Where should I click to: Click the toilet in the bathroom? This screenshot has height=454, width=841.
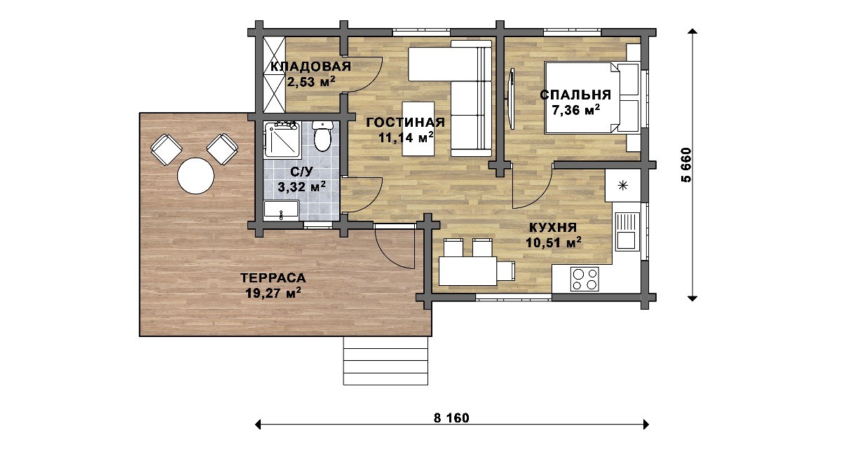(x=322, y=136)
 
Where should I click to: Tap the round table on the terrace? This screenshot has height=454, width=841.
(x=196, y=176)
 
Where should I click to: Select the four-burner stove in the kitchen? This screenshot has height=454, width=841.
(x=584, y=279)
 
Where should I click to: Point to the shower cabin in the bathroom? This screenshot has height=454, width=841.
(x=282, y=139)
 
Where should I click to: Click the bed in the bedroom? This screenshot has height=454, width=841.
(x=592, y=97)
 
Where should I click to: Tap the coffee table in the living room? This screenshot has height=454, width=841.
(x=418, y=129)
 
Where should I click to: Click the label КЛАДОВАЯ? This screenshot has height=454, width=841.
(x=310, y=67)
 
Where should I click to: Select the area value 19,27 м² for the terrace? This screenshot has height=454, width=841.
(x=273, y=293)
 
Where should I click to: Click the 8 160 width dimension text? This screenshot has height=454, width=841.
(x=451, y=418)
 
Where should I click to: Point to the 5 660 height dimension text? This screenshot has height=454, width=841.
(x=685, y=165)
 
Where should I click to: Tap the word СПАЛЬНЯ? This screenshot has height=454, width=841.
(x=575, y=95)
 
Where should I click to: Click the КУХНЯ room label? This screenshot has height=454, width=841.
(x=553, y=228)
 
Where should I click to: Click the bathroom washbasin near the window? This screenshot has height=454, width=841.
(x=281, y=209)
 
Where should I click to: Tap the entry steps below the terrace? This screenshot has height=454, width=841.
(x=385, y=361)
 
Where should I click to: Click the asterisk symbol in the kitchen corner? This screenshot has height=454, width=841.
(x=623, y=186)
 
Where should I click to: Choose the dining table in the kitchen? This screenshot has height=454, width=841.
(x=468, y=270)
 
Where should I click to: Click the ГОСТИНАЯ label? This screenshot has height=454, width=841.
(x=406, y=123)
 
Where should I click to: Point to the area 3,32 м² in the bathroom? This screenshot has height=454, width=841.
(x=301, y=186)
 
